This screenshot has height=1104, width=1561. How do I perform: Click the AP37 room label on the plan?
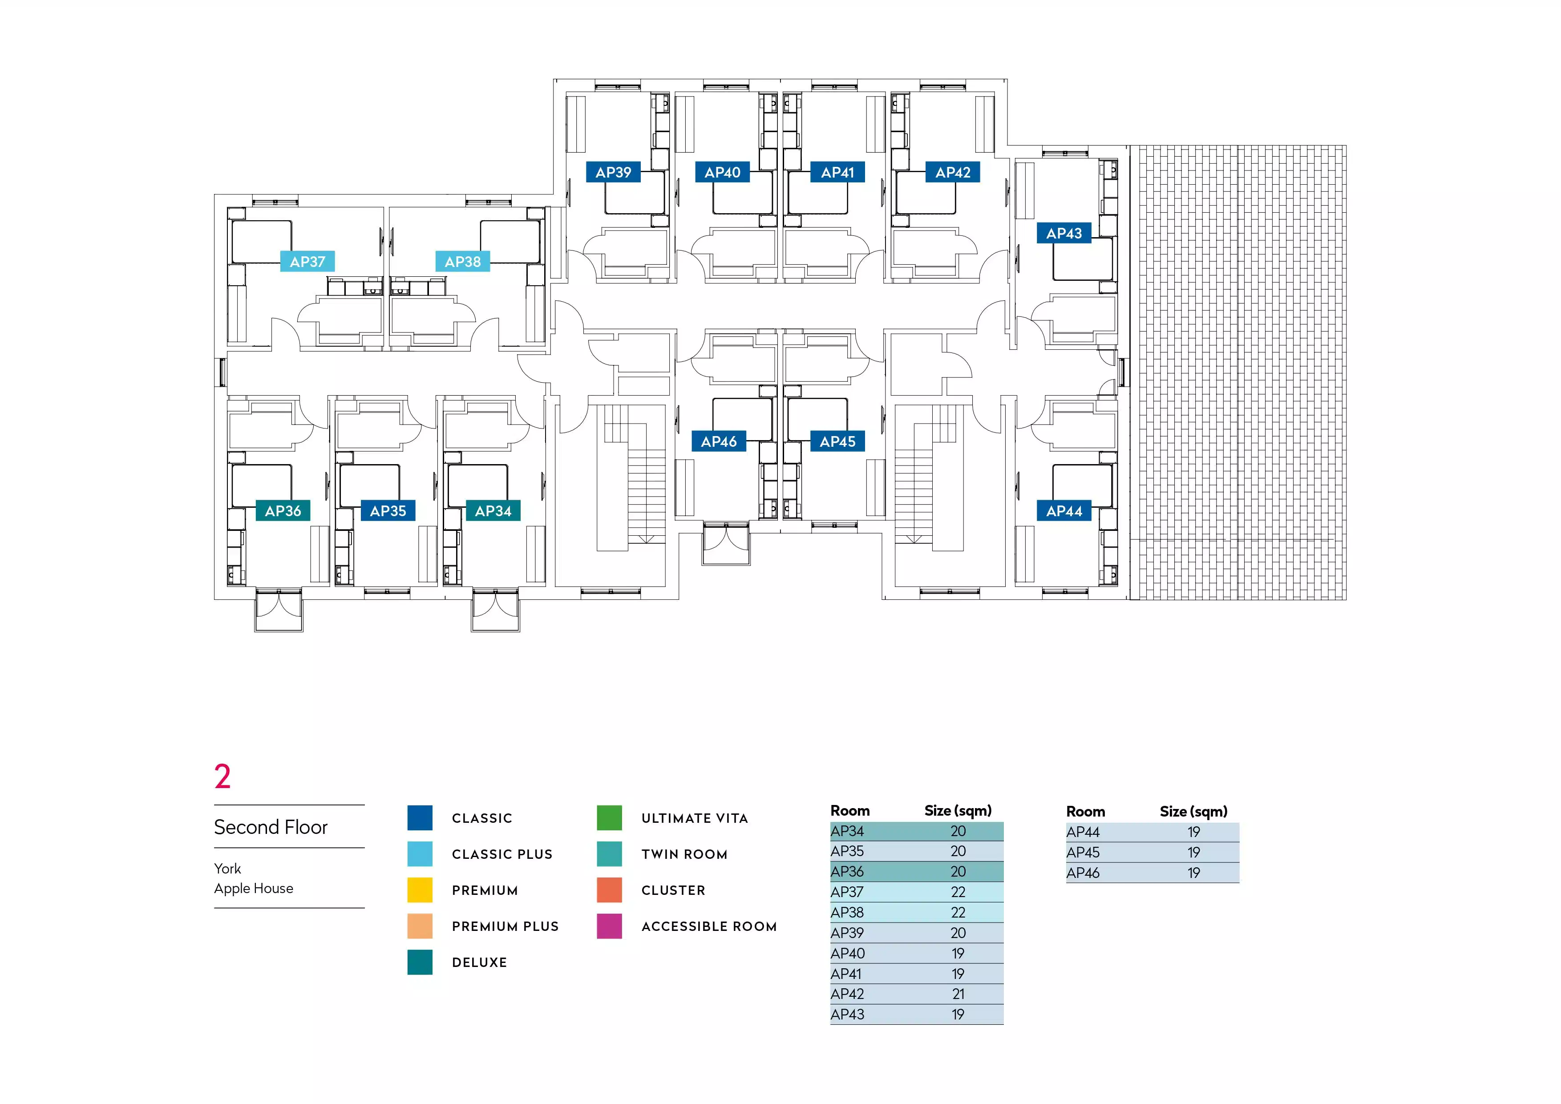click(307, 262)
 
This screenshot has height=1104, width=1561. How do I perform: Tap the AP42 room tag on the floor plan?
click(953, 173)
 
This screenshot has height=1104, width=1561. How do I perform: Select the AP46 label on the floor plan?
click(719, 442)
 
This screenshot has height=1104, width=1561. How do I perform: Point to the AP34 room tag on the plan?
click(493, 510)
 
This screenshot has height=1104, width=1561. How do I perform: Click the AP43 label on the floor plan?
click(1064, 233)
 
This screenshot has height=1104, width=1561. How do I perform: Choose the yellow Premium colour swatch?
click(420, 890)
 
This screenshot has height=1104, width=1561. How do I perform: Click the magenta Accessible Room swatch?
click(609, 926)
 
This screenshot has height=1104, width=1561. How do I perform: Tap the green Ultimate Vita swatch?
click(609, 818)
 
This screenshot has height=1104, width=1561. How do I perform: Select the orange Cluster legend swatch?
click(609, 890)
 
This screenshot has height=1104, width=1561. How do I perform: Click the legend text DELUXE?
click(479, 962)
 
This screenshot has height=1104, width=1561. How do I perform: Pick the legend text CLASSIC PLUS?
click(502, 854)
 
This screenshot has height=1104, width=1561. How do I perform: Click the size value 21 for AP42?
click(958, 994)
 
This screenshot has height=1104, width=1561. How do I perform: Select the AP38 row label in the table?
click(847, 912)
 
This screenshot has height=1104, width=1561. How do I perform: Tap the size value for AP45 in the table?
click(1194, 853)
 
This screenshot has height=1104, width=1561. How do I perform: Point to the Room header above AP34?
click(850, 810)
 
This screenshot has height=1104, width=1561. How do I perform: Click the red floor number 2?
click(222, 776)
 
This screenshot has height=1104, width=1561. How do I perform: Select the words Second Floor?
click(271, 827)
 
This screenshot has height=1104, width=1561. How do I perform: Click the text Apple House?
click(254, 889)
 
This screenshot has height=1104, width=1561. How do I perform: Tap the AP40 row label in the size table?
click(848, 953)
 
